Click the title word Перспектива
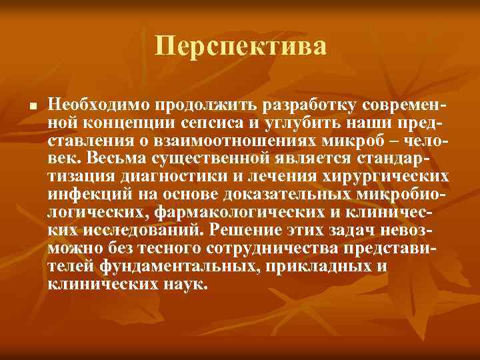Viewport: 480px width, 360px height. (241, 47)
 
